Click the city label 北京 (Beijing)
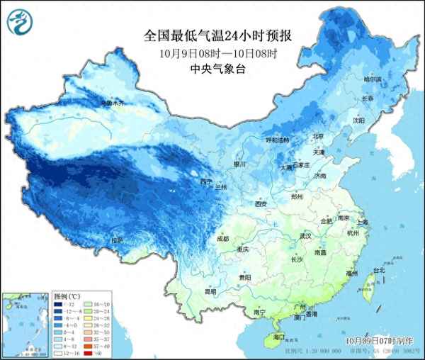pos(318,136)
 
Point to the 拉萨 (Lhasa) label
pos(117,241)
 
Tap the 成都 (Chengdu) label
pos(222,239)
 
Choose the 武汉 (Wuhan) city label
pos(306,236)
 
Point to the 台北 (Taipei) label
pos(378,271)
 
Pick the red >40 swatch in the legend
pos(86,352)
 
